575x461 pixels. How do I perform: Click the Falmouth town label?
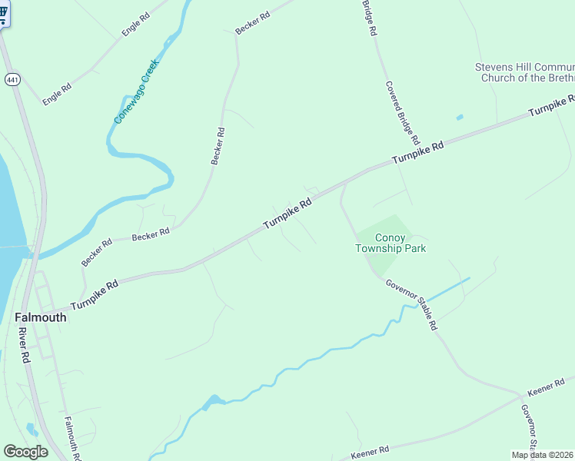coord(41,317)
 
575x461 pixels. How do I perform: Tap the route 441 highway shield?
coord(12,80)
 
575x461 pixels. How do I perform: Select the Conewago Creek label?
coord(136,91)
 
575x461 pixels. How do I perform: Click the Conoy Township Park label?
coord(391,243)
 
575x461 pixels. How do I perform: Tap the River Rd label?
coord(23,346)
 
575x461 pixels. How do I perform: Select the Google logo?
coord(25,452)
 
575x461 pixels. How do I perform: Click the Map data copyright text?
coord(543,455)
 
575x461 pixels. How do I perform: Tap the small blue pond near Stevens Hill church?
coord(460,118)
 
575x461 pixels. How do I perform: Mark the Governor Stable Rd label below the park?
coord(411,304)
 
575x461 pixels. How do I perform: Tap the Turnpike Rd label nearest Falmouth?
coord(95,295)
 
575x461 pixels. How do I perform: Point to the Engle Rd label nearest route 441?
coord(57,95)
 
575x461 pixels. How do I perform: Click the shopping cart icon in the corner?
coord(4,14)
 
